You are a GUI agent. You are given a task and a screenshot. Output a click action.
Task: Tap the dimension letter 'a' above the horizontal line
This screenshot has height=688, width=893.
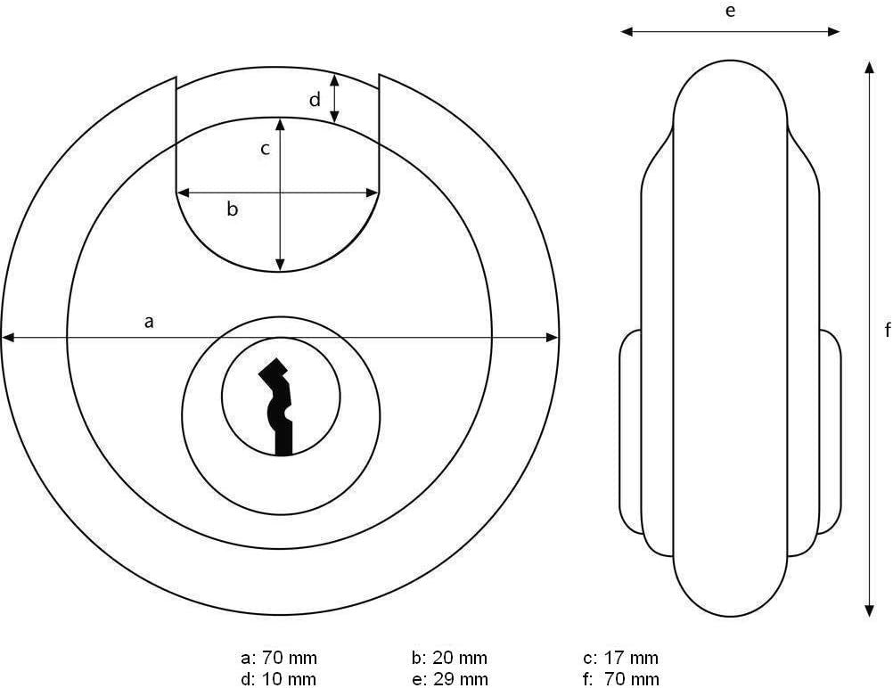149,323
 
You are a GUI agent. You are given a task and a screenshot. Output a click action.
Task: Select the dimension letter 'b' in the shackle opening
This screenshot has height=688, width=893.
232,209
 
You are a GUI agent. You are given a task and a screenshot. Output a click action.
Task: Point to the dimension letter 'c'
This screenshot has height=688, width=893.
265,149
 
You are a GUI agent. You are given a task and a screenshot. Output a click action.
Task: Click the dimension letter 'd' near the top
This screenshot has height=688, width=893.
315,100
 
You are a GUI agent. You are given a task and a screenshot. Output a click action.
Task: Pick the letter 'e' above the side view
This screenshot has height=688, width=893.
730,11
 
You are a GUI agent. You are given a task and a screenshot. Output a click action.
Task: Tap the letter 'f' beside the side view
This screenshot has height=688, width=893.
888,330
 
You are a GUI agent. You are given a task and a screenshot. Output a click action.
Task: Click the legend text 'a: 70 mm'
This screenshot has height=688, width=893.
278,658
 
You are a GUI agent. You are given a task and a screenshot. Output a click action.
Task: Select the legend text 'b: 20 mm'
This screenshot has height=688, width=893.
449,658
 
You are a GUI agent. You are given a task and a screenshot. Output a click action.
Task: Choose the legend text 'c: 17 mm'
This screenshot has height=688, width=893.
621,658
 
